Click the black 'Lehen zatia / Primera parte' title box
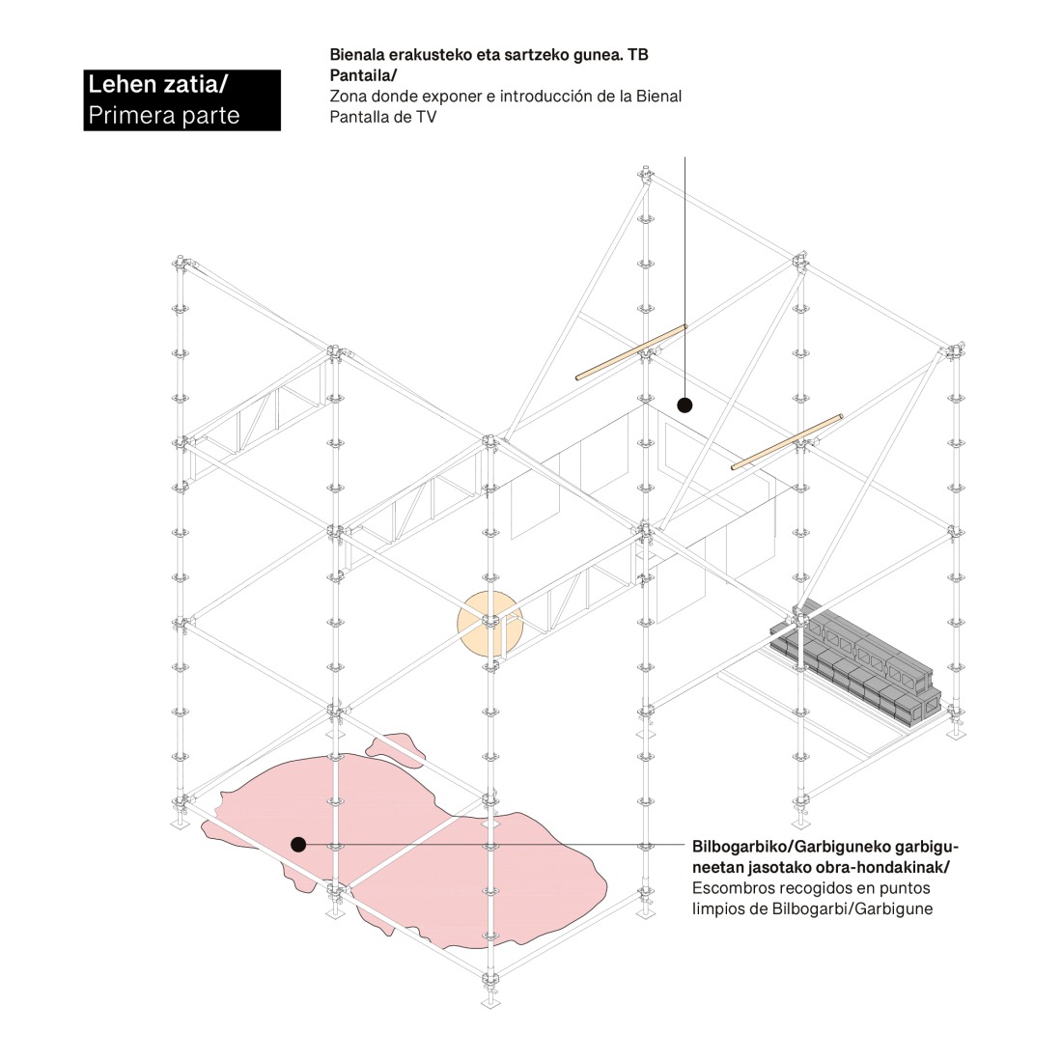coord(182,100)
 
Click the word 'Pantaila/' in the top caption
coord(363,76)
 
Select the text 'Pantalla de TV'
coord(383,117)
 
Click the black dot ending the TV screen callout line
coord(685,405)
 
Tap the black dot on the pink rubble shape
coord(298,844)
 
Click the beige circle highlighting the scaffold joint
coord(489,623)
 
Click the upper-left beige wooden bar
coord(631,352)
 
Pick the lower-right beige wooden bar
coord(787,441)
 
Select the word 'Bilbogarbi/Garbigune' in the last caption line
coord(852,908)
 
